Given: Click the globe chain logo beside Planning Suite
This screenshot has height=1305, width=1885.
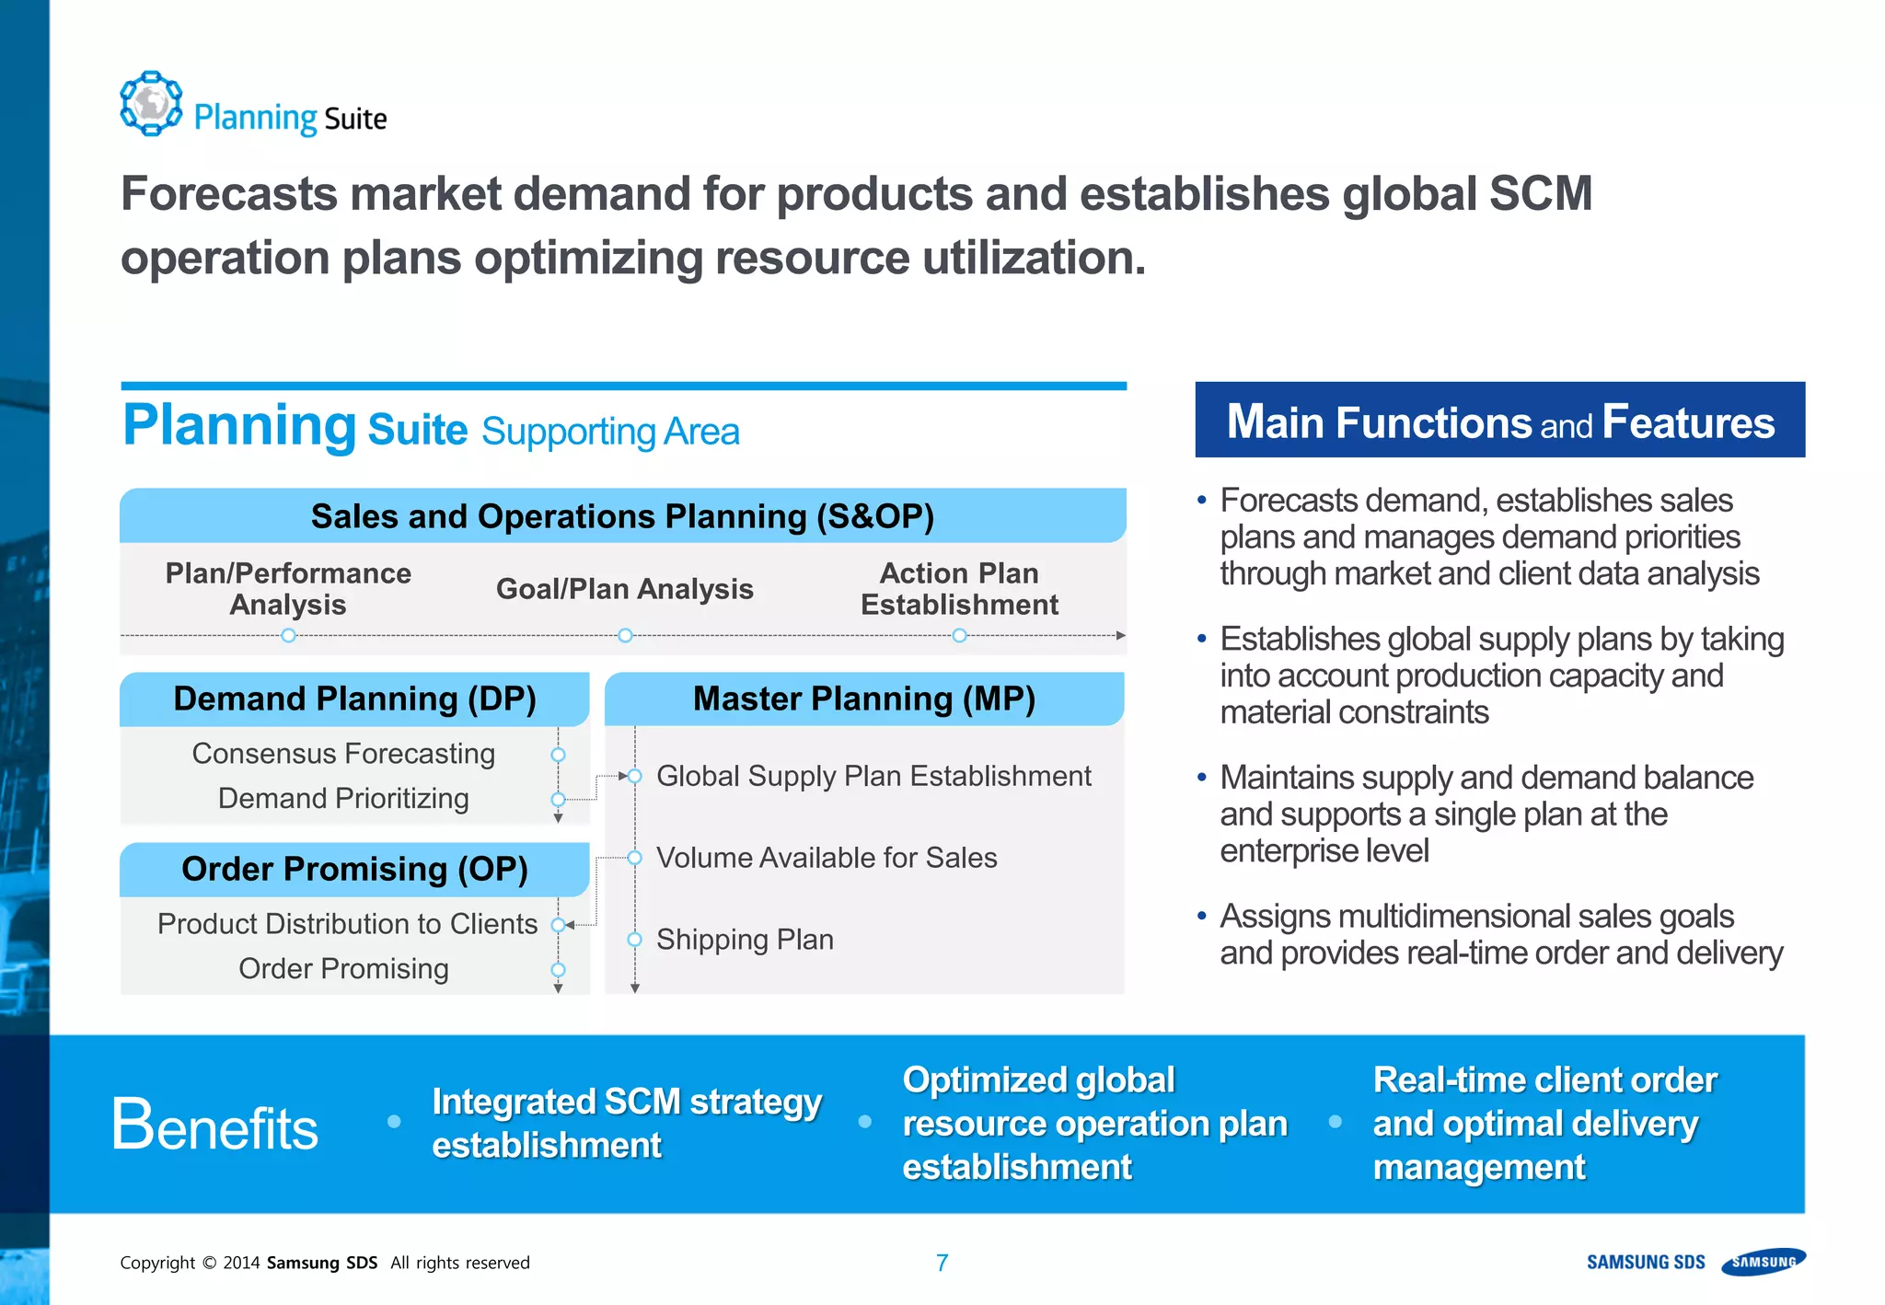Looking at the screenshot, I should [151, 103].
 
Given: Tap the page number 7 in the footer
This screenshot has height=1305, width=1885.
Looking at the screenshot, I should [942, 1263].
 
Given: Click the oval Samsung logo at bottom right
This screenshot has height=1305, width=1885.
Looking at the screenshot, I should [1764, 1262].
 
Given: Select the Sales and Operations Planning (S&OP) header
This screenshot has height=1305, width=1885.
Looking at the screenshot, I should [622, 516].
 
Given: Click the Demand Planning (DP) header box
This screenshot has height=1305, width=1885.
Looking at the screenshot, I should [354, 699].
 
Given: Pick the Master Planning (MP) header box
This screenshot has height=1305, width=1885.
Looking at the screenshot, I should [863, 699].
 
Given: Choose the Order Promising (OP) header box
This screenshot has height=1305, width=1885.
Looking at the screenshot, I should [354, 870].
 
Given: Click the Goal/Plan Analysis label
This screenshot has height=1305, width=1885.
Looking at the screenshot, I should [624, 589].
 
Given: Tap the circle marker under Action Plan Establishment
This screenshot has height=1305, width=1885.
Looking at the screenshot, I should [959, 636].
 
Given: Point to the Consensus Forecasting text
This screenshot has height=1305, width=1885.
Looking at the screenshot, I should [343, 754].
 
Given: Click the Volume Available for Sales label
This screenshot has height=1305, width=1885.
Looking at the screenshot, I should [826, 858].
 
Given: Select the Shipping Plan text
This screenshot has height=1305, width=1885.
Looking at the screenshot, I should [745, 940].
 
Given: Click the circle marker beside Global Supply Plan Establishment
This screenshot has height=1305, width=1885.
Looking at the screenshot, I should [634, 777].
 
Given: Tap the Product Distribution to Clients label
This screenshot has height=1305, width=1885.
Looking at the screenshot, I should [347, 924].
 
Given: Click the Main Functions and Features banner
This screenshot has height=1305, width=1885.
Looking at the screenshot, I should [1499, 421].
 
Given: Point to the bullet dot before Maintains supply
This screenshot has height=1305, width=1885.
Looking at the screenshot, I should [1201, 778].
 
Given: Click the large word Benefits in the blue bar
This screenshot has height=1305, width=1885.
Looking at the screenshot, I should [214, 1126].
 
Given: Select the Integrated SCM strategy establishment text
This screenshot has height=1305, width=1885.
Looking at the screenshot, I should [626, 1123].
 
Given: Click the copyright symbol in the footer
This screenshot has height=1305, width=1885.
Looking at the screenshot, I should [209, 1263].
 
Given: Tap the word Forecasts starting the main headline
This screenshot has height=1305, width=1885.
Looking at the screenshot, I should [228, 195].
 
